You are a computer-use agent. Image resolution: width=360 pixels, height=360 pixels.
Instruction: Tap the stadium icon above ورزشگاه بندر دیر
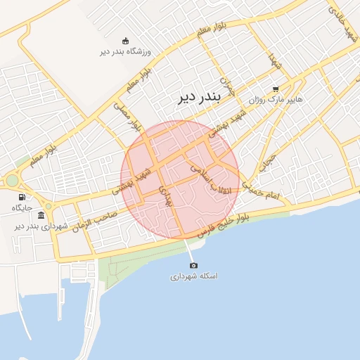point(126,40)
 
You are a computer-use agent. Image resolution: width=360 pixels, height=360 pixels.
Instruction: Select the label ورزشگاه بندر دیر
point(126,51)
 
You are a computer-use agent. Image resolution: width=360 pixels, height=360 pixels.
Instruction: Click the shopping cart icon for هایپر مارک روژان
point(276,89)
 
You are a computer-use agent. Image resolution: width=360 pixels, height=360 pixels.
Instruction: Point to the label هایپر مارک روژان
point(275,100)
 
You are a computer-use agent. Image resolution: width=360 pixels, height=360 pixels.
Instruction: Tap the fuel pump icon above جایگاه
point(22,197)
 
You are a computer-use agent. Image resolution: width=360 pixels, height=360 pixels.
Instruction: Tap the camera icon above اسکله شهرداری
point(194,265)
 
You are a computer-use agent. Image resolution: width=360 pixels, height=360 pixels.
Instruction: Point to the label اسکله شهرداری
point(194,276)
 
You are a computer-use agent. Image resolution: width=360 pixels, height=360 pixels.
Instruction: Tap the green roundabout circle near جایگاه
point(12,181)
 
